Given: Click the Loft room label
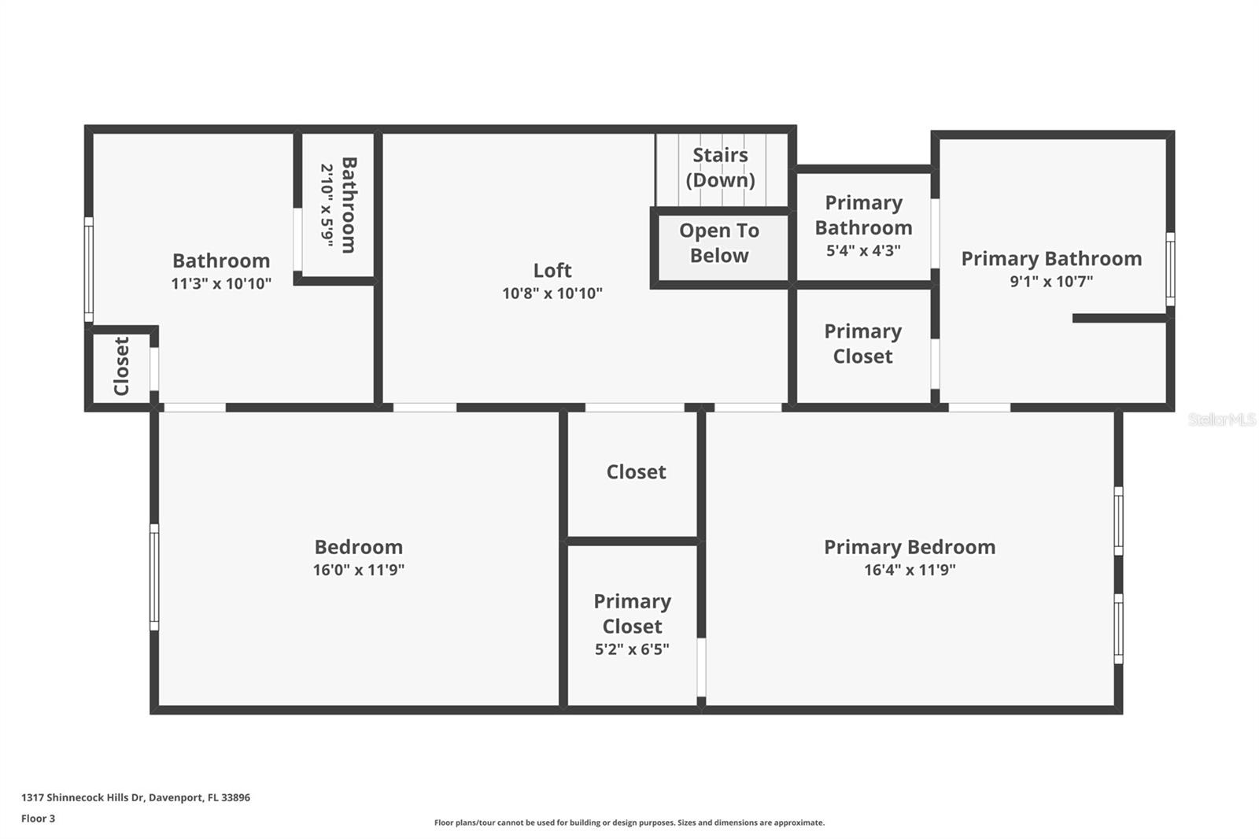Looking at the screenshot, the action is pos(552,271).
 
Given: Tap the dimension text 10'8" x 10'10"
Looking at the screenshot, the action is pos(552,293).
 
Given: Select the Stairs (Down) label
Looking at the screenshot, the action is pos(720,168).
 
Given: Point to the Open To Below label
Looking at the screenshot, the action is pos(719,243).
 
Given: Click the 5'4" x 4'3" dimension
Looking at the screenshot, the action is pos(863,250).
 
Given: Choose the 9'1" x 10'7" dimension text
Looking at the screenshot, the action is pos(1051,281).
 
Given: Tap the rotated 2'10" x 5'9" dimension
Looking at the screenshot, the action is pos(327,205).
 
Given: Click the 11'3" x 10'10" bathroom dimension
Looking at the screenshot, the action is pos(221,283).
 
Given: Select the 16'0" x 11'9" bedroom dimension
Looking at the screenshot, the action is pos(359,570).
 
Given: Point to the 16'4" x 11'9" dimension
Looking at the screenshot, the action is pos(910,570).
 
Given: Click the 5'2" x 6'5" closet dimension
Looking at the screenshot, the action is pos(632,649).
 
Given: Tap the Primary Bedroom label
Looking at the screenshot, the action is pos(910,547).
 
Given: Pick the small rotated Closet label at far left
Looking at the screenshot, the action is pos(121,366).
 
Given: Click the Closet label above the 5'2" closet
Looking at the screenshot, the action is pos(636,471).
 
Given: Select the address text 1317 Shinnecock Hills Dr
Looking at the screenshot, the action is pos(83,797).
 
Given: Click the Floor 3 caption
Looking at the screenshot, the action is pos(39,819).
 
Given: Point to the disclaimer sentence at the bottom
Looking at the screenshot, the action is pos(629,822).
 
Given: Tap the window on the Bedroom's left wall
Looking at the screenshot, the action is pos(154,577).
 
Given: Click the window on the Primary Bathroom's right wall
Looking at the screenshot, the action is pos(1170,269).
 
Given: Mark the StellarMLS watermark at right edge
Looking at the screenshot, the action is pos(1222,419).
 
